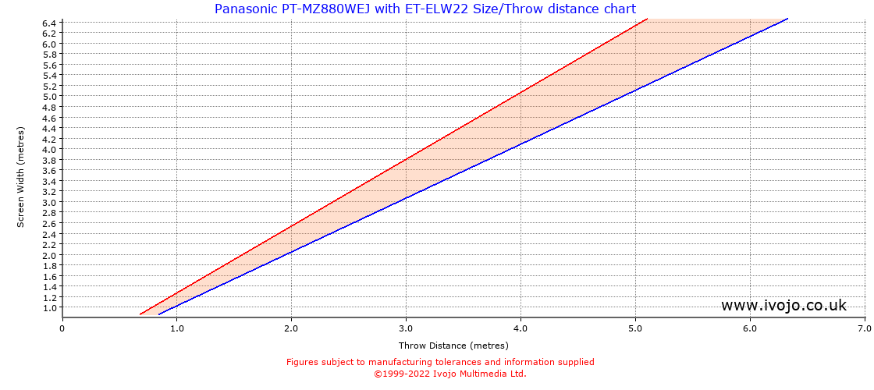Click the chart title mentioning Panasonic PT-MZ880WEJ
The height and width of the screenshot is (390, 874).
(x=425, y=9)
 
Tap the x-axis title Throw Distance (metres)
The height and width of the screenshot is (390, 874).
(x=453, y=346)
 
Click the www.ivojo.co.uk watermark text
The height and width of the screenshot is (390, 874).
(x=783, y=305)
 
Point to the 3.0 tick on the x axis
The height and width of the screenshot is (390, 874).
(x=406, y=328)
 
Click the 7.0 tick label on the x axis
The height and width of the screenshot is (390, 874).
(x=865, y=328)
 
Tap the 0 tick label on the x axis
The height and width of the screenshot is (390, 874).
(x=62, y=328)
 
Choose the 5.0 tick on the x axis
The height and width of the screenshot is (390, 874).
(x=635, y=328)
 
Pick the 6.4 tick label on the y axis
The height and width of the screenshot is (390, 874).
(x=49, y=23)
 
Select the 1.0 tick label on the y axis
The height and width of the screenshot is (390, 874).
(x=49, y=307)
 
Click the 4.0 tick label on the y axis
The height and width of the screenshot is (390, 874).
(x=49, y=149)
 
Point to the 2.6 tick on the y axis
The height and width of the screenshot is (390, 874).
(x=49, y=223)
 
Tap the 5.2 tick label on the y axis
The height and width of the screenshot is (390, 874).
(x=49, y=86)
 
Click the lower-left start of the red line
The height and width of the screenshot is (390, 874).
(x=140, y=314)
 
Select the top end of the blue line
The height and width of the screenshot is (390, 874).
(x=787, y=18)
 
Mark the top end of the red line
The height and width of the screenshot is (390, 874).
(x=647, y=19)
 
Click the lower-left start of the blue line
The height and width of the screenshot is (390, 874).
(x=159, y=314)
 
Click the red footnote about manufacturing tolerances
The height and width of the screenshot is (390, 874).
(x=440, y=362)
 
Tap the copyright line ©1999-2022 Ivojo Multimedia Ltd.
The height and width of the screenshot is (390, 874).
(x=450, y=374)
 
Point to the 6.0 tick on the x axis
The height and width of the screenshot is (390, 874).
(x=750, y=328)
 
